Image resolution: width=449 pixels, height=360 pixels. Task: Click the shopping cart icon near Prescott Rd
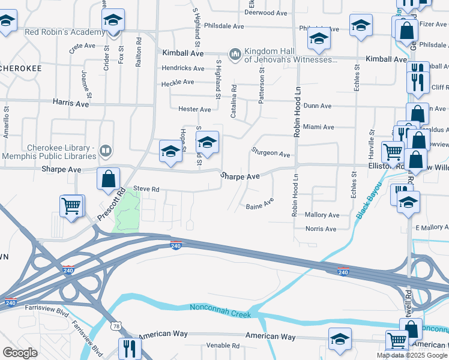point(71,206)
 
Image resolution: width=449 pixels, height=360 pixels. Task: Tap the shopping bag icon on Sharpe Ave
point(108,178)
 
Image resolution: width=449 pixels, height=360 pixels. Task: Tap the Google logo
point(20,353)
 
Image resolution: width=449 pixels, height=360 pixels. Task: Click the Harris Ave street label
point(71,104)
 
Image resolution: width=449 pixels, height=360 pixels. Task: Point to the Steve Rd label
point(146,189)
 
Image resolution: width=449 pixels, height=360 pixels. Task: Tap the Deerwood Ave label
point(266,13)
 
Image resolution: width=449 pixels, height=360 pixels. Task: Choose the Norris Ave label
point(321,229)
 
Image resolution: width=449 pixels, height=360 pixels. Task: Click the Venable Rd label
point(223,346)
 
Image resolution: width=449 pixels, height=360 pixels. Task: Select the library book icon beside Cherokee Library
point(106,150)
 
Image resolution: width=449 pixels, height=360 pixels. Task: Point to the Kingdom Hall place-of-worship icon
point(235,54)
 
